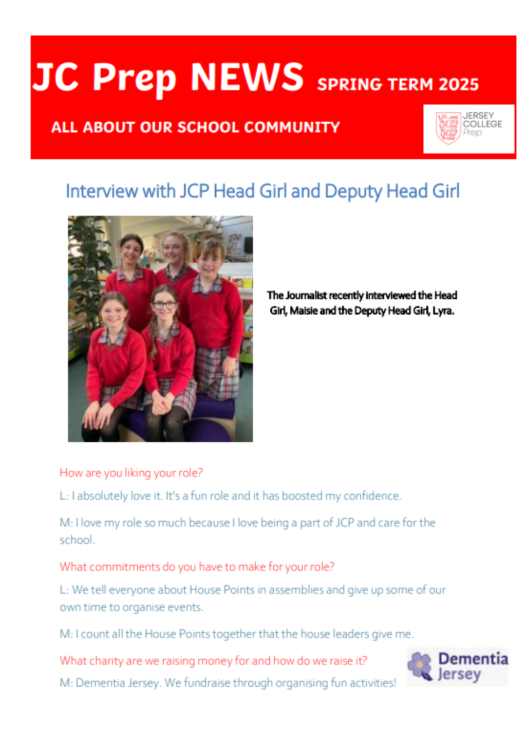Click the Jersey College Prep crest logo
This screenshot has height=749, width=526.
click(x=448, y=128)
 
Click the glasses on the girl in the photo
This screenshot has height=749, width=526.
click(x=164, y=305)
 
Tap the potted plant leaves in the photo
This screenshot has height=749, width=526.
click(x=87, y=267)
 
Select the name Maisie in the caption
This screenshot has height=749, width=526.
click(x=304, y=310)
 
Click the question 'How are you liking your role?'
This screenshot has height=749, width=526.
click(x=131, y=472)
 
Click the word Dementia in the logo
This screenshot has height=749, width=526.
click(x=473, y=659)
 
